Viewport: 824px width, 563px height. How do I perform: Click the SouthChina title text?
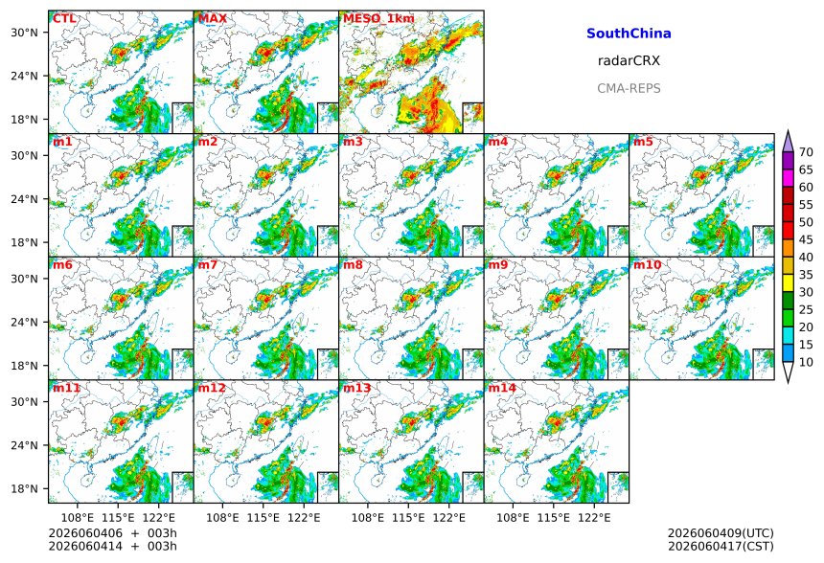coord(629,34)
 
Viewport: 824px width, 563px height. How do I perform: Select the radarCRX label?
coord(629,60)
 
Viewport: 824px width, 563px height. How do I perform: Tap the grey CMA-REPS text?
coord(629,88)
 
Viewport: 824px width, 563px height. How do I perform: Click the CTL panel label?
coord(64,18)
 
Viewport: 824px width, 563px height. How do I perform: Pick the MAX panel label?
coord(213,18)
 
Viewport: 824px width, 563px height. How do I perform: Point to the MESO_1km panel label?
coord(378,19)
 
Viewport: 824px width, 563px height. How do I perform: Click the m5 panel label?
coord(643,142)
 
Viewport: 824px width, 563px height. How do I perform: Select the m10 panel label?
coord(647,264)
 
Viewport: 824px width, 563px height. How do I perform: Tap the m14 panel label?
coord(502,388)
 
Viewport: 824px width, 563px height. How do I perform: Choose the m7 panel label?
coord(208,264)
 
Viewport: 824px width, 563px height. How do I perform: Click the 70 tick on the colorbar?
coord(806,152)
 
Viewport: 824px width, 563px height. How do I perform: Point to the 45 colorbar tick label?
coord(806,239)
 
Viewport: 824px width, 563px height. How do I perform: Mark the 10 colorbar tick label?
coord(806,362)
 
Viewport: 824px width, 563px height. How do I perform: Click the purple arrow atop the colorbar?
coord(788,143)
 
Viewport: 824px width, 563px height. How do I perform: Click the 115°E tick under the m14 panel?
coord(554,518)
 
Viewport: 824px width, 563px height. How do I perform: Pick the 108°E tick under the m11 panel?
coord(78,518)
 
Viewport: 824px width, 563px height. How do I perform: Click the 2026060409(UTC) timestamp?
coord(721,533)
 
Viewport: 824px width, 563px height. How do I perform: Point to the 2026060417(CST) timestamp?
coord(721,546)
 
